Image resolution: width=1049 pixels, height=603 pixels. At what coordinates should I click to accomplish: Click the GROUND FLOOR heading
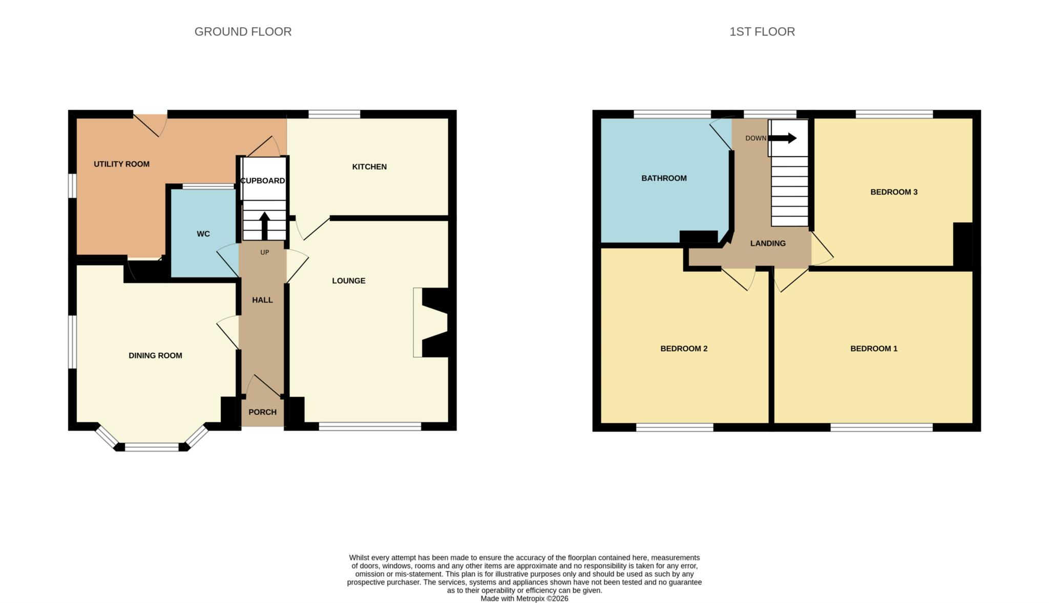point(243,32)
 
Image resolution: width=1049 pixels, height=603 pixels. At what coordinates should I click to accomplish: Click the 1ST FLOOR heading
point(762,32)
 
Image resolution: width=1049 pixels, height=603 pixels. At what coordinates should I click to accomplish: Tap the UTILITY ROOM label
point(121,164)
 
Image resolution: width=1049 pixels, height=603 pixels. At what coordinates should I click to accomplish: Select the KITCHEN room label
point(369,167)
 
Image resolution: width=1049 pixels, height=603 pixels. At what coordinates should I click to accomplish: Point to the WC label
point(203,234)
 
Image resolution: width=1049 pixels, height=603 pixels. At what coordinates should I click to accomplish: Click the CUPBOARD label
point(263,181)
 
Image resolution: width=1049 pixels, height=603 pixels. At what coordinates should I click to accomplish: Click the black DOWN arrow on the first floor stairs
point(783,138)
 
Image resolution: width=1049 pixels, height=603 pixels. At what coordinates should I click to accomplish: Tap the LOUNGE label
point(348,281)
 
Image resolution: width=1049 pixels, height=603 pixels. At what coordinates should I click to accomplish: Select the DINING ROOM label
point(155,356)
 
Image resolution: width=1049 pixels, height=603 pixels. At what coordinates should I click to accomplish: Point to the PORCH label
point(262,412)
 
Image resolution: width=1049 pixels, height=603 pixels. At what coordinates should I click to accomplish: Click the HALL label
point(262,300)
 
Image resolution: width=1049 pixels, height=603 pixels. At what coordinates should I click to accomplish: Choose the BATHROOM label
point(664,178)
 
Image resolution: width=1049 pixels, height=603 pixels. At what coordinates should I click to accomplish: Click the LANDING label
point(767,244)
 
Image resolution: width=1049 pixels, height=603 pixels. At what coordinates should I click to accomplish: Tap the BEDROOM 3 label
point(894,192)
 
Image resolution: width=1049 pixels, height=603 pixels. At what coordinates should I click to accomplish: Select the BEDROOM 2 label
point(684,349)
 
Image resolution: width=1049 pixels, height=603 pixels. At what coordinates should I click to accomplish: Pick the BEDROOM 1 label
point(874,349)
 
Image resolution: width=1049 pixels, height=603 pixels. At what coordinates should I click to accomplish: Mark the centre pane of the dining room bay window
point(152,447)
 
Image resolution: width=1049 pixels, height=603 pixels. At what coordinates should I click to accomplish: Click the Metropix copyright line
point(524,598)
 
